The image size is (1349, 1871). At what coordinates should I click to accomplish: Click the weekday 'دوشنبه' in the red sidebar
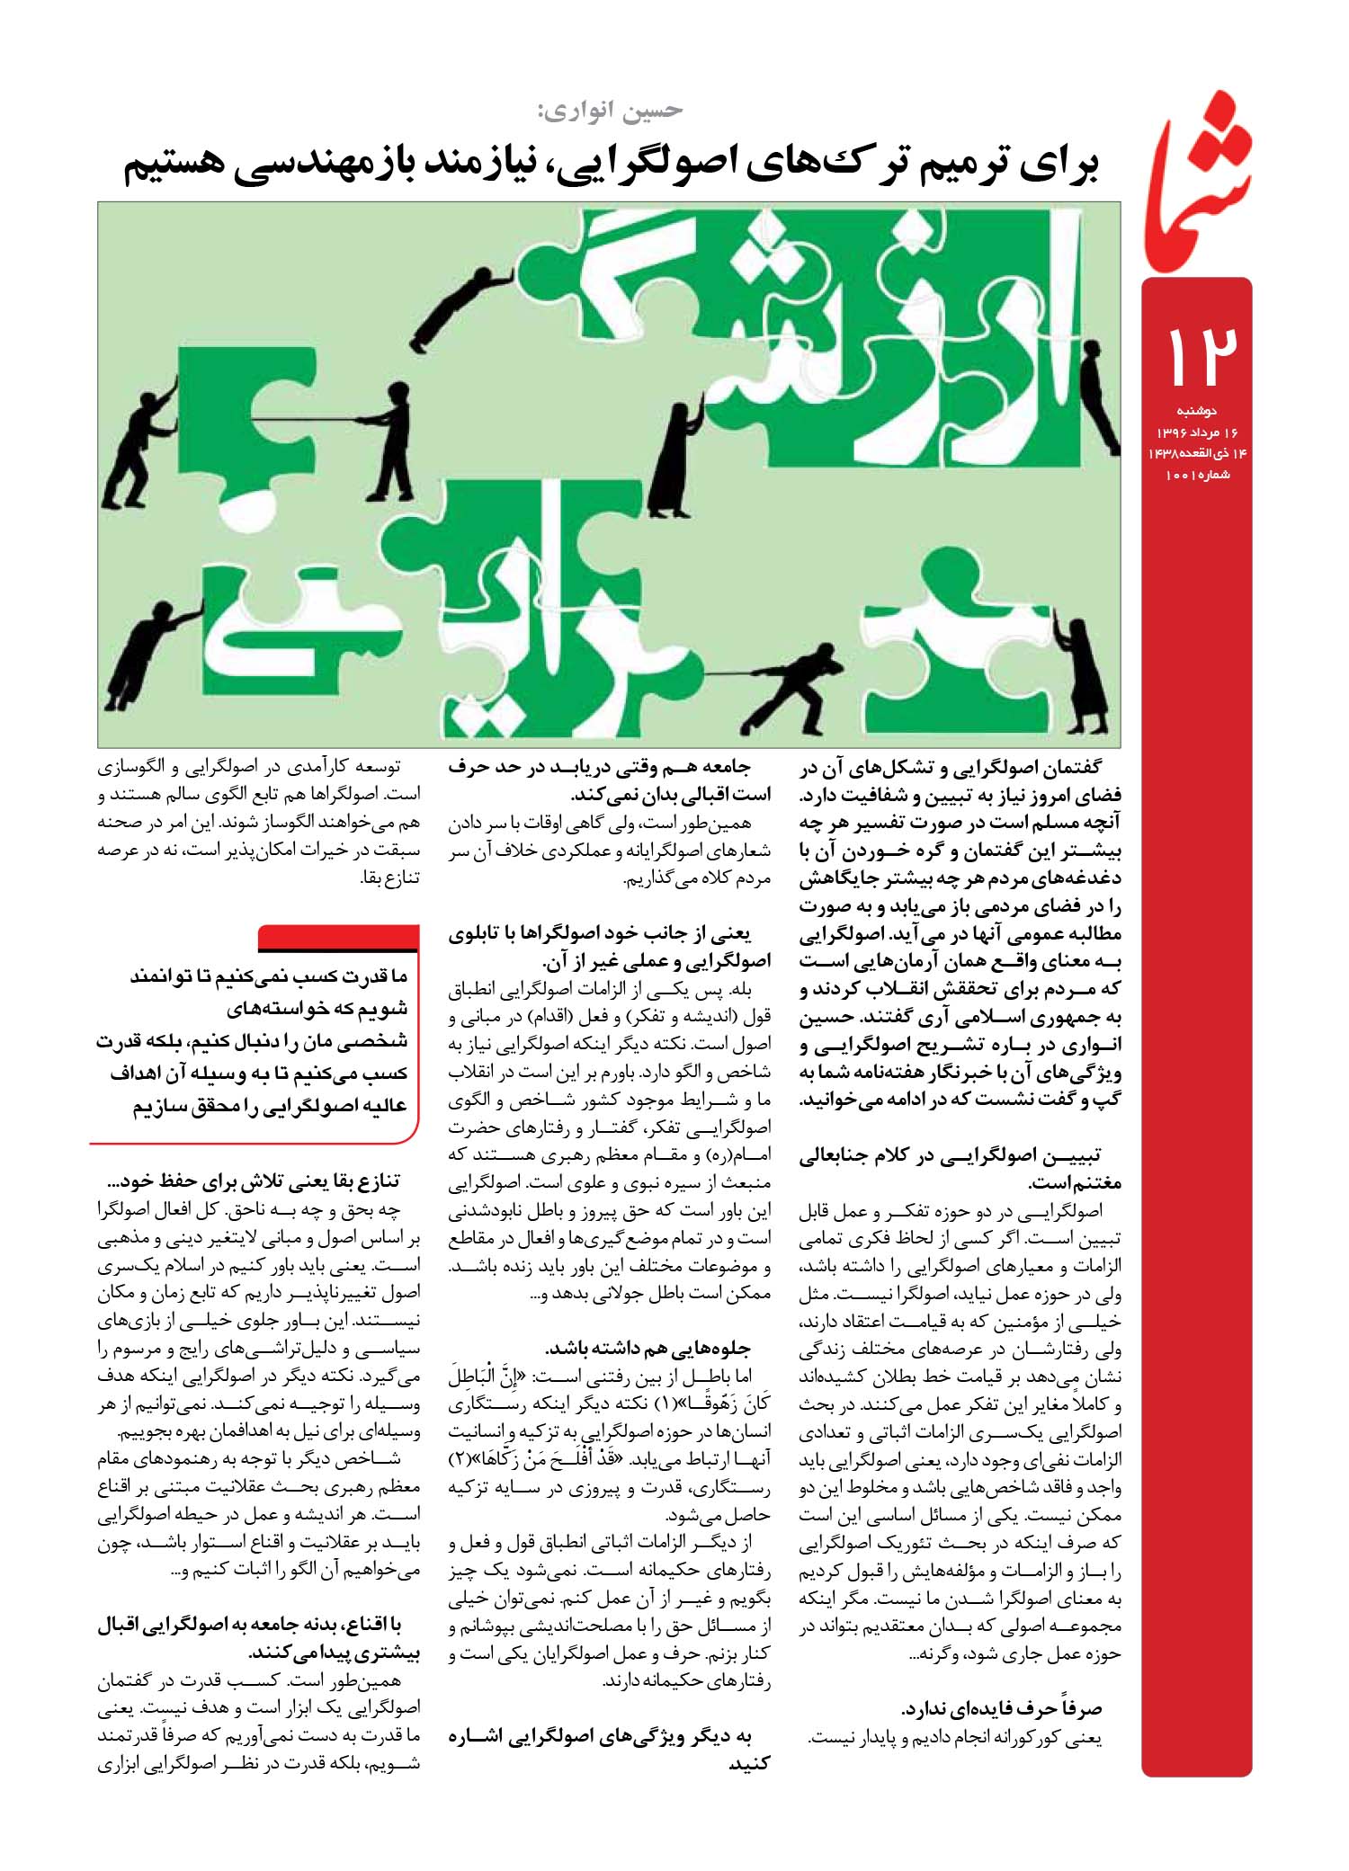[1197, 411]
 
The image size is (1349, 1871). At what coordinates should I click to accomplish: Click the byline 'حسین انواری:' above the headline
[609, 110]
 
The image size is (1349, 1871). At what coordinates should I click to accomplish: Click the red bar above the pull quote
[339, 938]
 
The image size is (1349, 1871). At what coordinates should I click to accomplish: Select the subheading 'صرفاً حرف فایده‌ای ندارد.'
[1003, 1708]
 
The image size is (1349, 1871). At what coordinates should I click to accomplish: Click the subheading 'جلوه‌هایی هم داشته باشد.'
[648, 1349]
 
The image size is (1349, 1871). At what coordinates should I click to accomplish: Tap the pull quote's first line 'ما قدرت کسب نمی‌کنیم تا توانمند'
[269, 976]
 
